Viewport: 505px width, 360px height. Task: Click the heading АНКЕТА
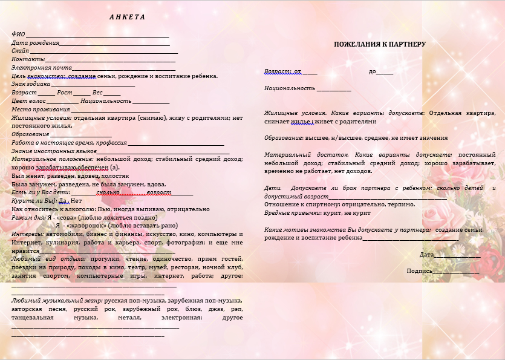127,16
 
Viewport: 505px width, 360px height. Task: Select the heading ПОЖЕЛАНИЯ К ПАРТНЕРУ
380,44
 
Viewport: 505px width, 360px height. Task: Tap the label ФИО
18,34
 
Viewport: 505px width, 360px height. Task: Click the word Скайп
21,51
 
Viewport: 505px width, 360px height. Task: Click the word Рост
65,93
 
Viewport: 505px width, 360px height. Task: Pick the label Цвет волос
28,101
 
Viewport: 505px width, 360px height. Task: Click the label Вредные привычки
290,213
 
